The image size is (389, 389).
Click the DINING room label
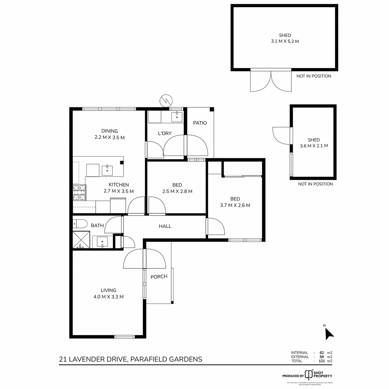coord(110,131)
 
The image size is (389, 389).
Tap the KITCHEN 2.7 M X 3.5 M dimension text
coord(119,191)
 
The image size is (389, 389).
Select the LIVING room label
coord(108,290)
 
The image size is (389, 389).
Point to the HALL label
coord(165,226)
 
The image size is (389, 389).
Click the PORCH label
coord(159,277)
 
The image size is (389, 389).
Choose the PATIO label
coord(200,123)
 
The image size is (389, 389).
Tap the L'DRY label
coord(165,134)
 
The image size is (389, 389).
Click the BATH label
coord(97,225)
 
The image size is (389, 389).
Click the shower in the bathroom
coord(81,240)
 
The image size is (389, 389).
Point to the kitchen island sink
coord(107,170)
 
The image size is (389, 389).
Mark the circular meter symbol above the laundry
coord(166,101)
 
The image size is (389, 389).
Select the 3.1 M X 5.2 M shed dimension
coord(285,41)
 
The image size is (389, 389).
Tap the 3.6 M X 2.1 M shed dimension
coord(313,146)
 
